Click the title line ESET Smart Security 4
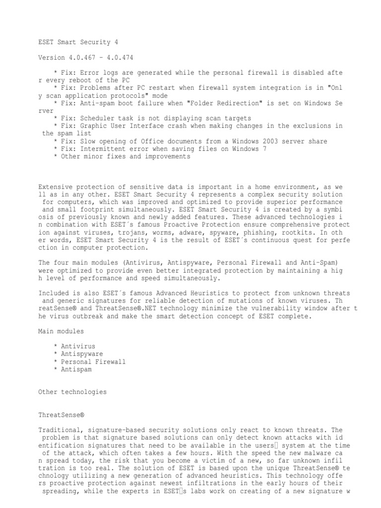tap(78, 43)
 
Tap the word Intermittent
tap(105, 149)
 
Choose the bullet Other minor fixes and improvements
tap(125, 156)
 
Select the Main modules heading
tap(61, 331)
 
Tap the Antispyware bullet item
tap(82, 354)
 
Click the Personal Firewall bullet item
tap(93, 362)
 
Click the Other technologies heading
tap(72, 392)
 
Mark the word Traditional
tap(59, 430)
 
